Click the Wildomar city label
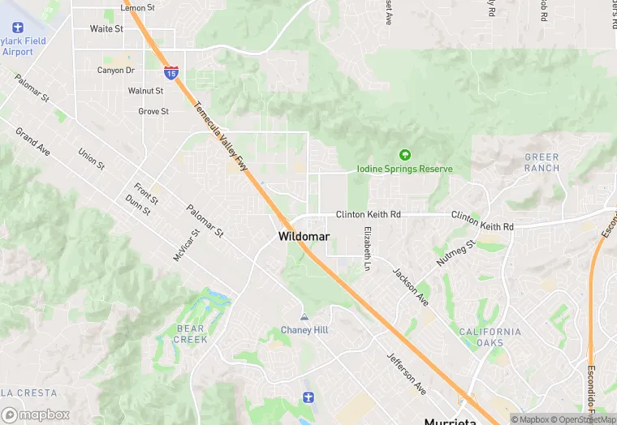click(x=303, y=237)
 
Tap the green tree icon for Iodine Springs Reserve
click(x=404, y=154)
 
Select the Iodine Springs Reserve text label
click(x=404, y=169)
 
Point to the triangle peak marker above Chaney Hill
click(x=304, y=316)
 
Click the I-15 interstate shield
click(x=170, y=73)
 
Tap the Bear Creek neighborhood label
click(x=191, y=333)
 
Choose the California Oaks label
click(x=490, y=337)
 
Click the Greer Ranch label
click(x=541, y=162)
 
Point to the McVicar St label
click(x=186, y=245)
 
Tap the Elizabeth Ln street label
click(x=367, y=248)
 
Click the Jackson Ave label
click(x=411, y=286)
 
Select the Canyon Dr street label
click(x=115, y=71)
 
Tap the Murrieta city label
click(x=451, y=421)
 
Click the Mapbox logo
click(x=35, y=414)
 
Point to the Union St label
click(x=91, y=158)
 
